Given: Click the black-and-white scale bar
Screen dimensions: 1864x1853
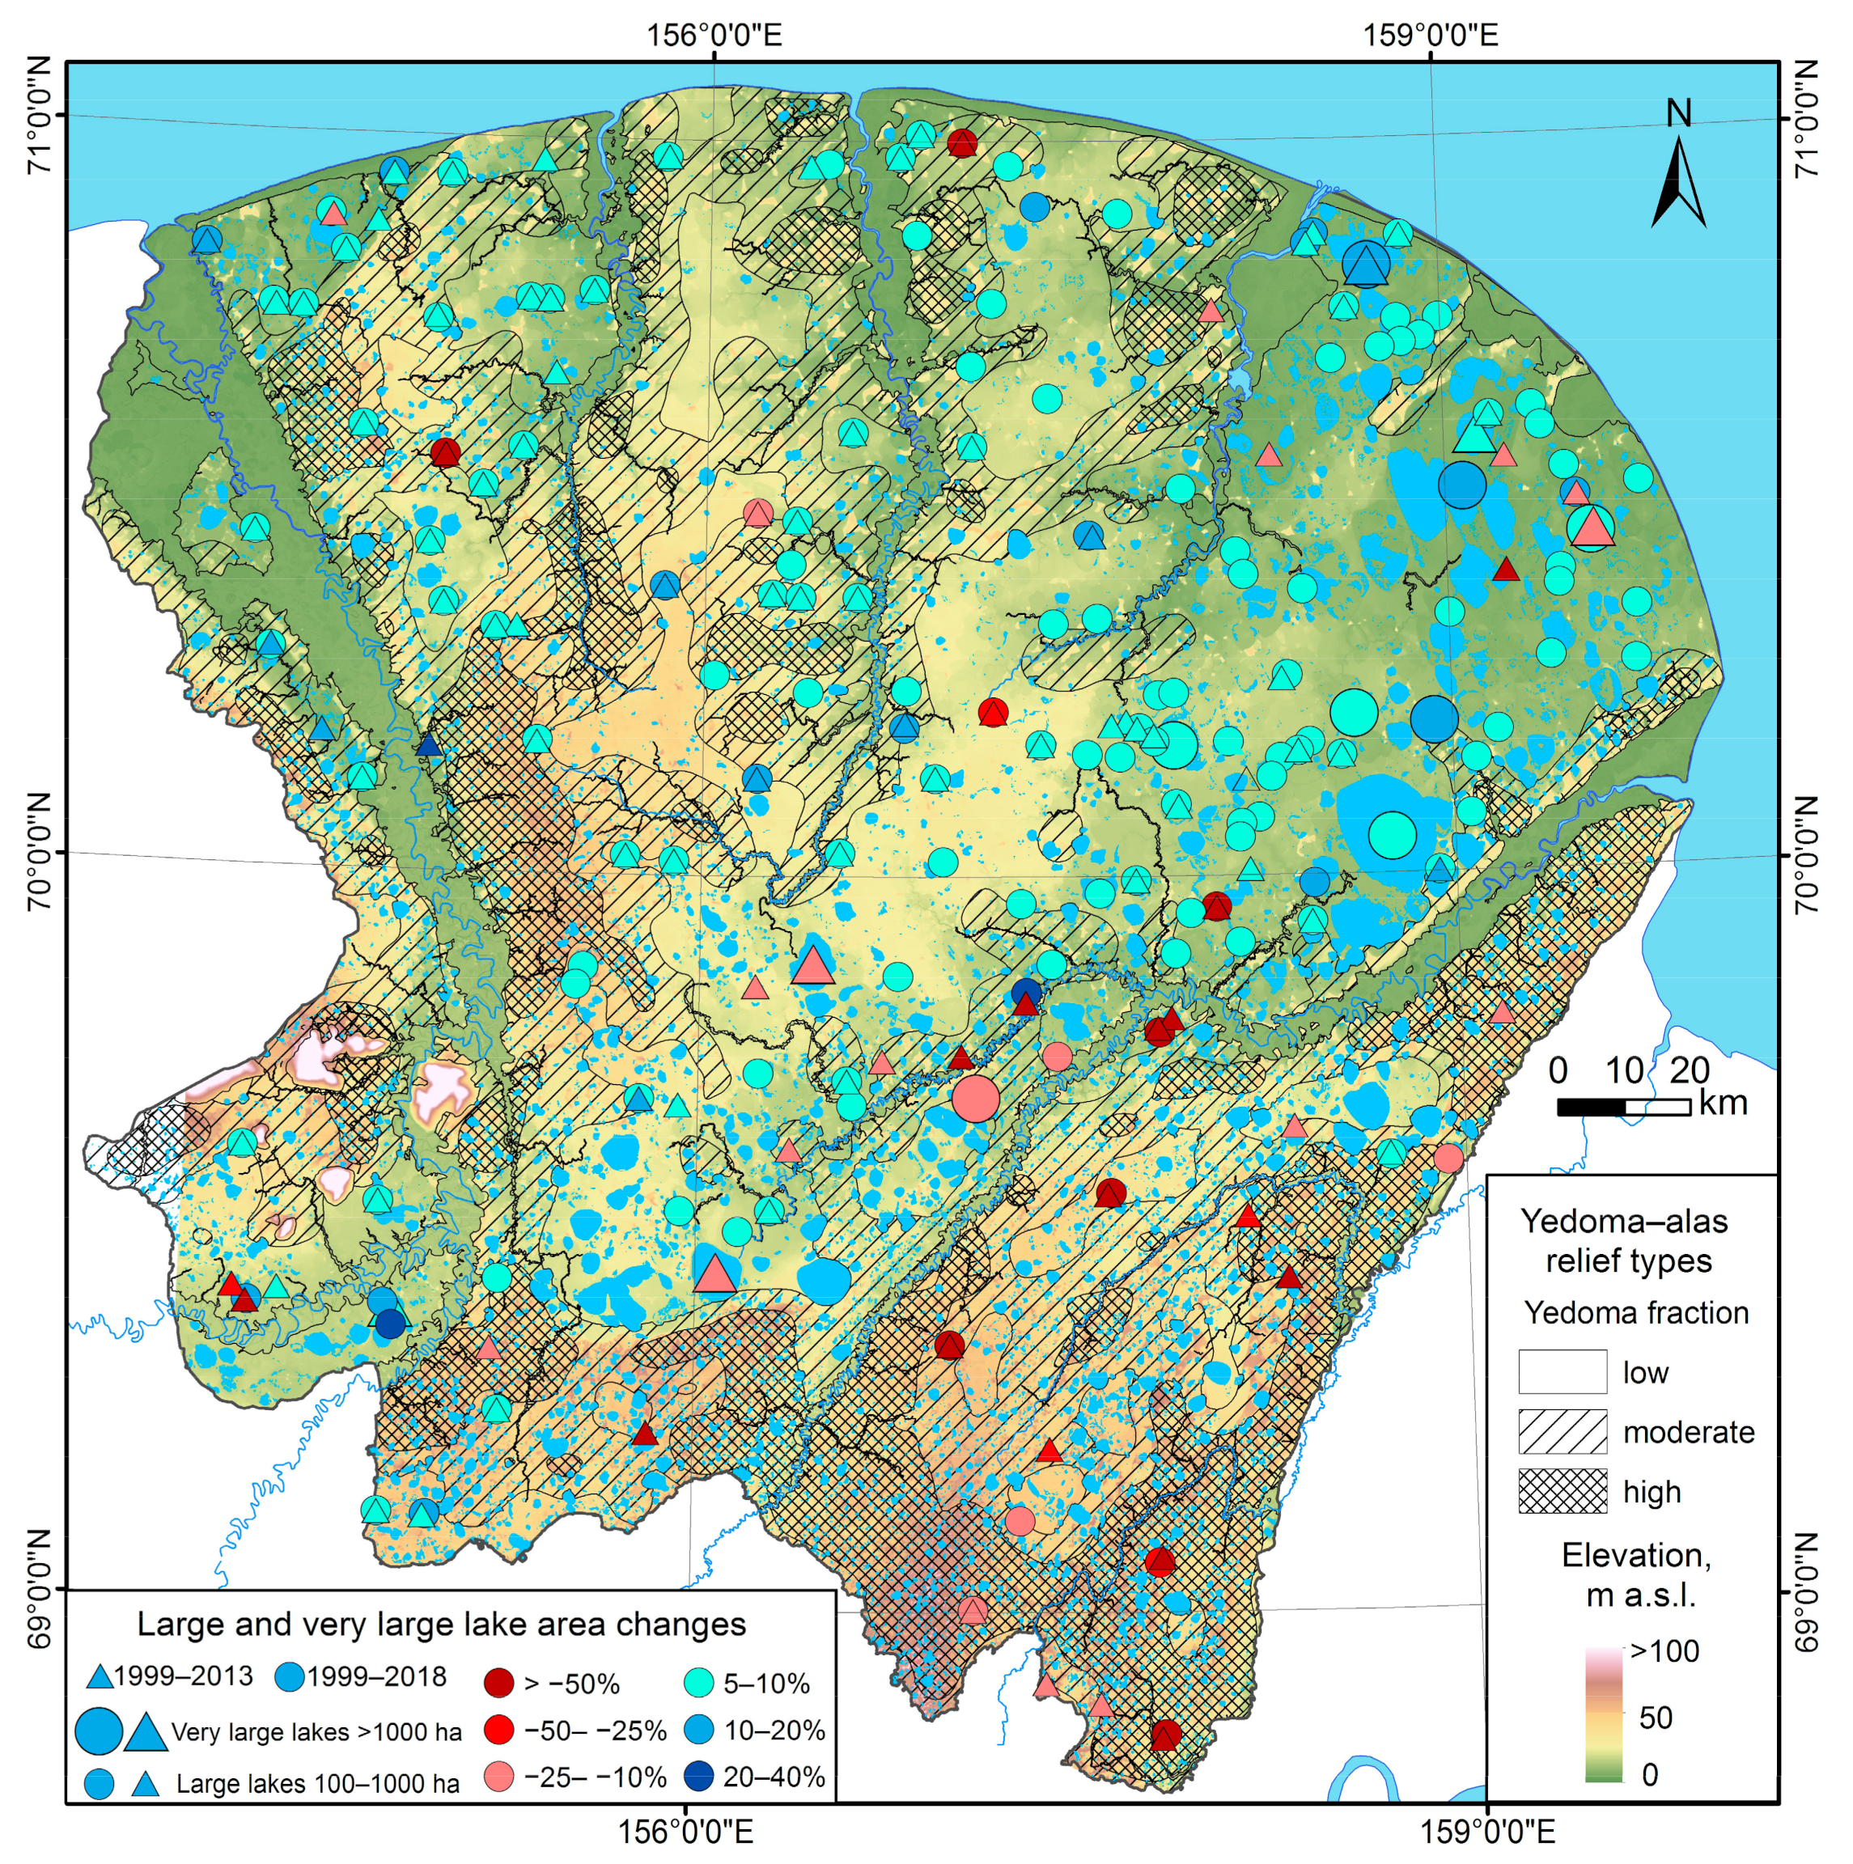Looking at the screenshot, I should click(1623, 1108).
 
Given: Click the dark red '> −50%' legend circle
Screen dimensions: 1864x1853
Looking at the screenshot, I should click(500, 1684).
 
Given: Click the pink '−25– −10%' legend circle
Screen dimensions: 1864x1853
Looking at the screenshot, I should click(500, 1776).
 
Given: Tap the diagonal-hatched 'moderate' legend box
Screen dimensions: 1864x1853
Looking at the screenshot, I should click(1562, 1432).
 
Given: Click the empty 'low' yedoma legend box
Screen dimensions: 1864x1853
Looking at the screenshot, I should click(1562, 1372).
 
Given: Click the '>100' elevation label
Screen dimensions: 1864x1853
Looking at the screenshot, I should click(1664, 1650).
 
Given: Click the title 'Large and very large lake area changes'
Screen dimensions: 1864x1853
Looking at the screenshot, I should click(441, 1624).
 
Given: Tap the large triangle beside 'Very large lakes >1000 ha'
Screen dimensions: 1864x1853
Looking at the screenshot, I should click(146, 1732).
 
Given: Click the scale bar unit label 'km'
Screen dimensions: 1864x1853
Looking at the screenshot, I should click(1723, 1103).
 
